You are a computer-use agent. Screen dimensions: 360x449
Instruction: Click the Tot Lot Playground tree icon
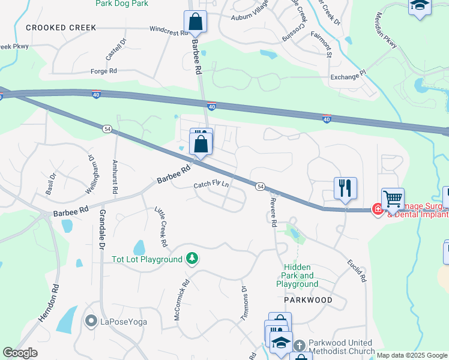192,259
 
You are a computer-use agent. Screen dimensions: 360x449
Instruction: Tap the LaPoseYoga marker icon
91,322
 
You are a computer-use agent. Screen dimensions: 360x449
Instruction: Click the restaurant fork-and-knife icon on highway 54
345,188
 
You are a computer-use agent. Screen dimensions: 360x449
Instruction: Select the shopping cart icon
393,199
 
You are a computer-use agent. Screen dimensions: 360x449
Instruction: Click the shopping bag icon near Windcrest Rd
195,22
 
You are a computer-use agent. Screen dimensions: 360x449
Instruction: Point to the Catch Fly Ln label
211,185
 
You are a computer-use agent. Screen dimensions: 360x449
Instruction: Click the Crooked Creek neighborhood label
53,28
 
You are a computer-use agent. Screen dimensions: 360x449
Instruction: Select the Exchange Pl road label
348,77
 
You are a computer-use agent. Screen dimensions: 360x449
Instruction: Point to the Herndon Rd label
49,304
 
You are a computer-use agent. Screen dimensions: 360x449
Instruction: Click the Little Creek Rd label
161,227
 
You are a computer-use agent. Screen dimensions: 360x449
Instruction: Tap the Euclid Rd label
356,270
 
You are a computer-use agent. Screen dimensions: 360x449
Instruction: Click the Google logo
20,353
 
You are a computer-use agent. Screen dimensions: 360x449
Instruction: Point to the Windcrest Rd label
169,29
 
